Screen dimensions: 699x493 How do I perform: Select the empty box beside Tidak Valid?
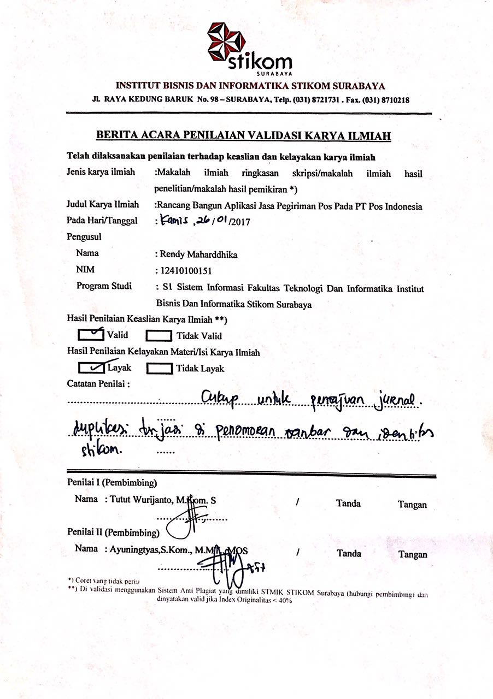click(159, 336)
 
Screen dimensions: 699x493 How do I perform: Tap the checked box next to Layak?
click(91, 368)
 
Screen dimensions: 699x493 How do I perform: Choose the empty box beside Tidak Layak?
click(160, 369)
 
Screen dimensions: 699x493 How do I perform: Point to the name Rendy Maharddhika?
click(199, 254)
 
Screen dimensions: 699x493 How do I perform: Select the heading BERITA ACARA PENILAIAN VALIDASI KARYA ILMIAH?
click(247, 135)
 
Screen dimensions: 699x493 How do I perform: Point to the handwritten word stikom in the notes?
click(102, 451)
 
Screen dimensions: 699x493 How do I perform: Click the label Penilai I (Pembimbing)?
click(112, 483)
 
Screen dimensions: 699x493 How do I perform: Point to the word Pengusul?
click(84, 238)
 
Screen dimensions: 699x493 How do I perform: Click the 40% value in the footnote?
click(285, 600)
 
